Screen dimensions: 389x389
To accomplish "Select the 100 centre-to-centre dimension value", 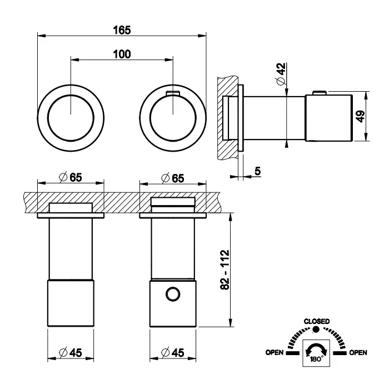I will (122, 54).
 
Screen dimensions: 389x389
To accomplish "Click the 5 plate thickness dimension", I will (258, 172).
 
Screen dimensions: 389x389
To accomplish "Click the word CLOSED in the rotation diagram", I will (317, 321).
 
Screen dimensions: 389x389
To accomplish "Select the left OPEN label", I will (275, 352).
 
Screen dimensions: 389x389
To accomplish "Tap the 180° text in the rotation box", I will (316, 360).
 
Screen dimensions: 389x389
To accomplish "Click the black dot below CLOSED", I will (317, 330).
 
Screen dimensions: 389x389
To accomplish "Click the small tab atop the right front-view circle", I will (173, 92).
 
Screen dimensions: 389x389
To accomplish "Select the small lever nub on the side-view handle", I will (319, 92).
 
